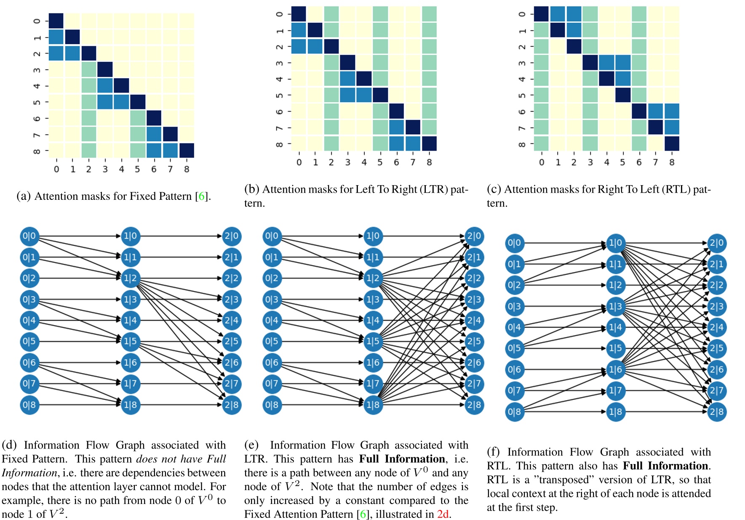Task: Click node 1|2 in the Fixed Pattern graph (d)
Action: coord(130,278)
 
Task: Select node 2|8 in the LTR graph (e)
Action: coord(474,405)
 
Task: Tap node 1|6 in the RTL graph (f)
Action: coord(615,369)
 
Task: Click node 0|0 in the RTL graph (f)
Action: coord(514,243)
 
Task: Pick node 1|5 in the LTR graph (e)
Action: coord(373,341)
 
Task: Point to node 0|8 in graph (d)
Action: coord(29,405)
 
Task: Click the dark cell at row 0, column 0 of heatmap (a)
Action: coord(56,21)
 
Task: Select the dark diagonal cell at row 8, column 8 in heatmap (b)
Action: coord(429,143)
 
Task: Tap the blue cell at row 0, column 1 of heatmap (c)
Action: coord(558,14)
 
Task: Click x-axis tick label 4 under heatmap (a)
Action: coord(121,169)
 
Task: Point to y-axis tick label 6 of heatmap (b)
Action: coord(279,111)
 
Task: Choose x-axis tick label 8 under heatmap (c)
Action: coord(672,162)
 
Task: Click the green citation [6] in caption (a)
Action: coord(202,196)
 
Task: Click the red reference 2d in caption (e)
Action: coord(443,514)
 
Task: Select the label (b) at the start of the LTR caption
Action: coord(251,189)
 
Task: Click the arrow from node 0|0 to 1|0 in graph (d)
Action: coord(80,236)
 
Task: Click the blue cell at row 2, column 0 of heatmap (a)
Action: coord(56,53)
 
